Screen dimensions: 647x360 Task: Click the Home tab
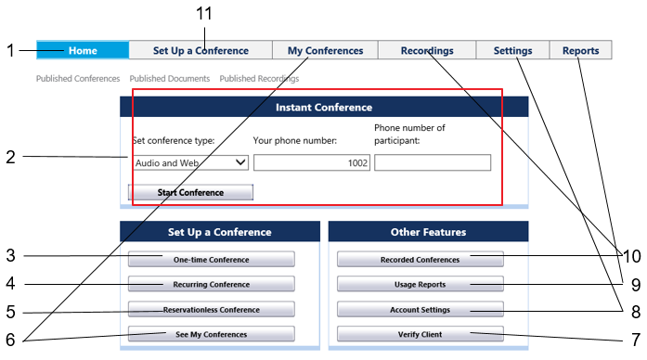tap(83, 50)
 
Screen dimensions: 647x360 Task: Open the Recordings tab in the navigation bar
tap(427, 50)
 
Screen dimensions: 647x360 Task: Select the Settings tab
tap(513, 50)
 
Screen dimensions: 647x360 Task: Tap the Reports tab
tap(580, 50)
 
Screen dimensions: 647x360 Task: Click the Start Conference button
tap(190, 193)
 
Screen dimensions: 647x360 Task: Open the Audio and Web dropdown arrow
tap(240, 162)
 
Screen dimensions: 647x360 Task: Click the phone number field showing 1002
tap(312, 162)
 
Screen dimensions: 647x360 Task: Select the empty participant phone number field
tap(433, 162)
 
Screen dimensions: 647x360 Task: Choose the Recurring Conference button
tap(212, 284)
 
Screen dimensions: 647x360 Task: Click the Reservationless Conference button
tap(212, 309)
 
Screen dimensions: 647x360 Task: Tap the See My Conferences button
tap(212, 334)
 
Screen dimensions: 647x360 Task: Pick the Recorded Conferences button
tap(421, 260)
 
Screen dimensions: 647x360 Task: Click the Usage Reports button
tap(421, 284)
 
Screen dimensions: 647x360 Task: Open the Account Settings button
tap(421, 309)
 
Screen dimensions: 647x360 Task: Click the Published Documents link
tap(170, 78)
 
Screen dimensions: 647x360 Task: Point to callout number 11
tap(204, 14)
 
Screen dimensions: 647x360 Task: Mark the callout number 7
tap(636, 340)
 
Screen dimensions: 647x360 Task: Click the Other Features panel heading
tap(428, 232)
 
